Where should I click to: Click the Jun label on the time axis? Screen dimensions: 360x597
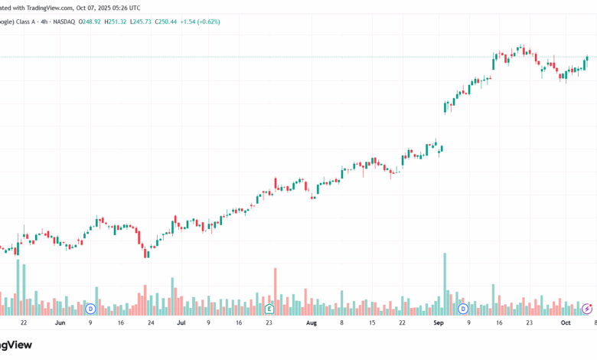(60, 323)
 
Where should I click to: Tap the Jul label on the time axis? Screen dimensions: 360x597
(181, 323)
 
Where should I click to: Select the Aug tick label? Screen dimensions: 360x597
(311, 323)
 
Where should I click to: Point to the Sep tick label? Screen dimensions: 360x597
(439, 323)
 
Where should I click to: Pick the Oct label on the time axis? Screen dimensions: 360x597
(566, 323)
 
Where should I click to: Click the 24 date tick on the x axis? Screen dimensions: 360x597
(151, 323)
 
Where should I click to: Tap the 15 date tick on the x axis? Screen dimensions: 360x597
(371, 323)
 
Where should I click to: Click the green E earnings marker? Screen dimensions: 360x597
(269, 309)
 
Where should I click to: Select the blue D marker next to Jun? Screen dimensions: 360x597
(90, 309)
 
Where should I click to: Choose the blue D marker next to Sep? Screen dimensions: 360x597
(463, 309)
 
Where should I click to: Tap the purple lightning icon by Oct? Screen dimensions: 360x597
(586, 309)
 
